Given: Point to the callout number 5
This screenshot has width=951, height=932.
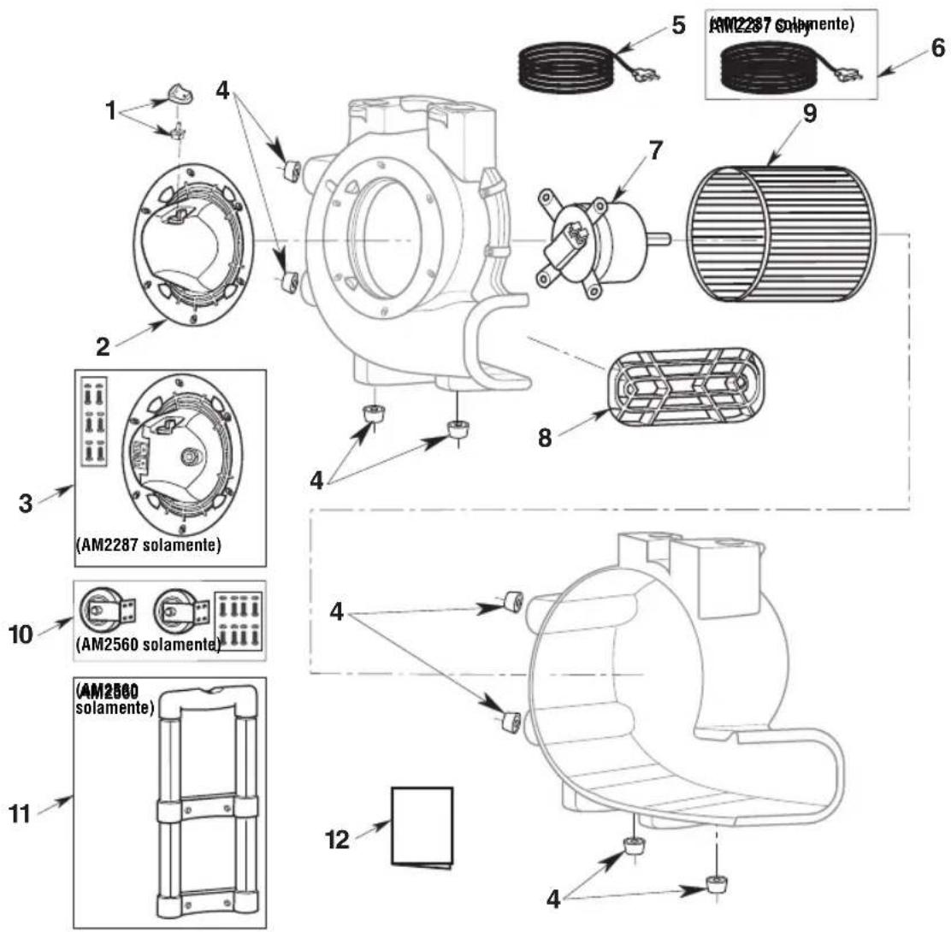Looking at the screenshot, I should tap(677, 25).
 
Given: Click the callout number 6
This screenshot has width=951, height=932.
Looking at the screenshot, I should tap(938, 48).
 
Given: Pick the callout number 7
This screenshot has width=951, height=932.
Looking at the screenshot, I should tap(655, 150).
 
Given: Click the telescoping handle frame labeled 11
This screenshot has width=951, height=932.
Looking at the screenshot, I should tap(206, 804).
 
